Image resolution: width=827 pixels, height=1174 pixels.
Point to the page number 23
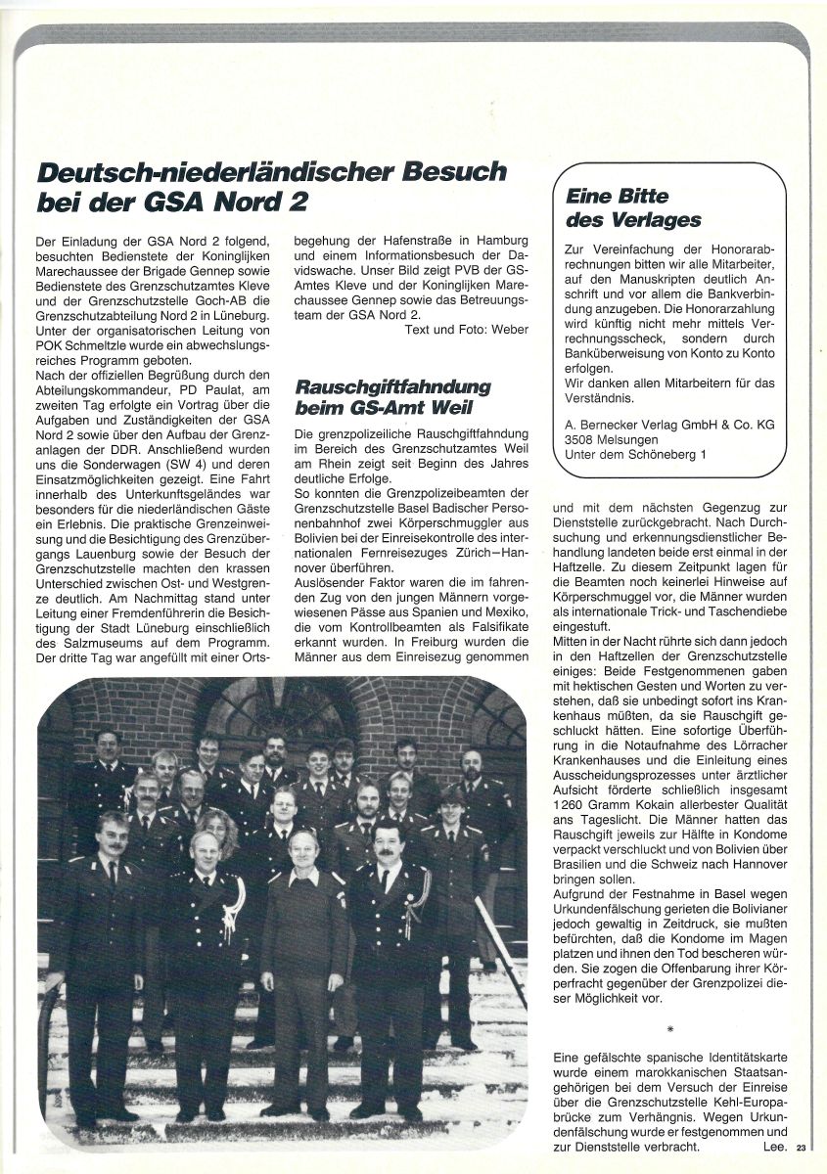click(802, 1149)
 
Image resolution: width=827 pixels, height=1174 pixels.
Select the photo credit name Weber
click(509, 330)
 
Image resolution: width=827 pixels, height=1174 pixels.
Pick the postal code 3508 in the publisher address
click(584, 439)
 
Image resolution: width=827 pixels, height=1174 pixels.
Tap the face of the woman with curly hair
click(217, 828)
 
